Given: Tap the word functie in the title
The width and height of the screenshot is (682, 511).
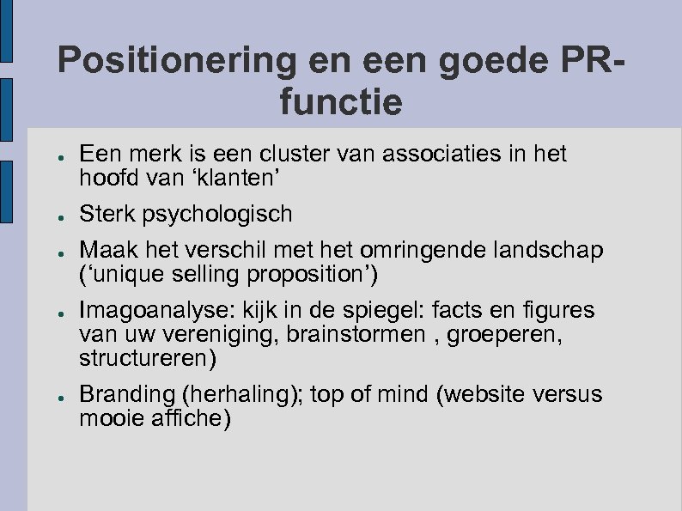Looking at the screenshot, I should (x=341, y=104).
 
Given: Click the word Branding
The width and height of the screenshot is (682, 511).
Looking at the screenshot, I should (x=125, y=394).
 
